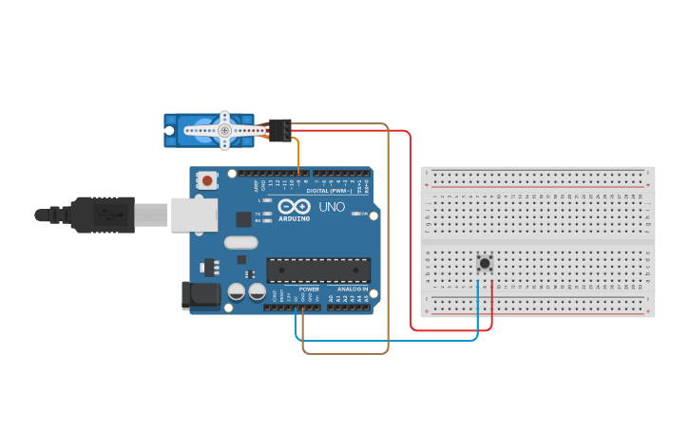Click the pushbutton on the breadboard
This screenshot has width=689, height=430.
point(485,263)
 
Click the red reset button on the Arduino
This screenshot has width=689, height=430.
point(207,179)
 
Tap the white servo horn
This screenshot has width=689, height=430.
point(225,129)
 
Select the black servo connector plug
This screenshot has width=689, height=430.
point(279,129)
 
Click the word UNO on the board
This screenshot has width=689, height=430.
point(332,207)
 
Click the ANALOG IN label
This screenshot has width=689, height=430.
point(349,289)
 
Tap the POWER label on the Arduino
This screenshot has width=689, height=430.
point(309,289)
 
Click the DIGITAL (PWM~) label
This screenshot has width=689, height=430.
point(329,190)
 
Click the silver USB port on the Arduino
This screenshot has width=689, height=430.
point(195,215)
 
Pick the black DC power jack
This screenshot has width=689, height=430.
point(201,294)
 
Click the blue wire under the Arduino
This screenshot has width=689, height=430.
point(390,340)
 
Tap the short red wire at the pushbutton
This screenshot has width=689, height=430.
point(492,304)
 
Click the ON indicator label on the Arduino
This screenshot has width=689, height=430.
point(364,214)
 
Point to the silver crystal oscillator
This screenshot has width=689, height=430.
point(241,242)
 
